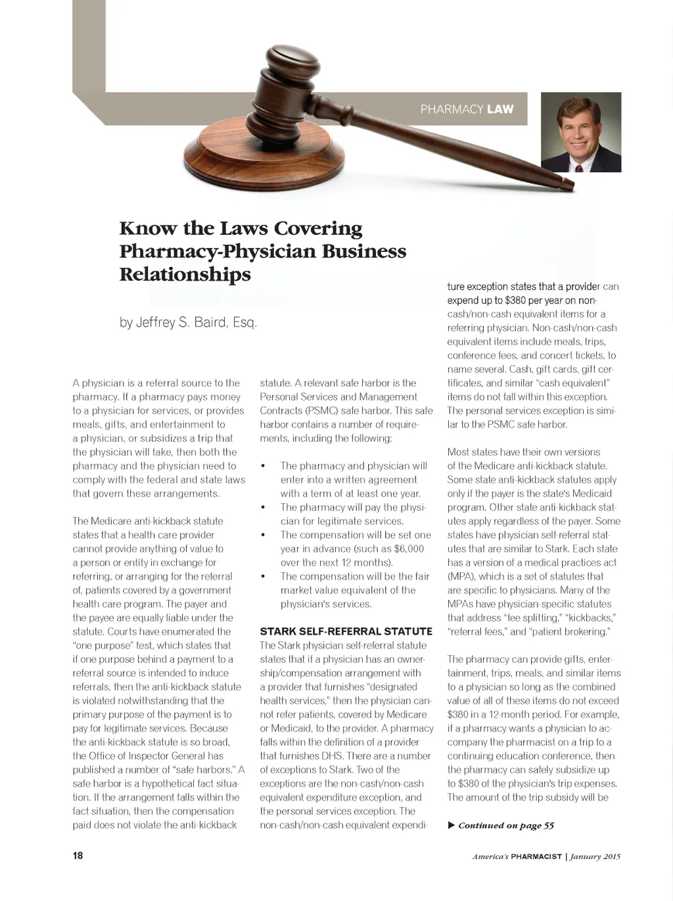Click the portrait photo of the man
[581, 132]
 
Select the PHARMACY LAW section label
[467, 109]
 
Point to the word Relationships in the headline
[185, 274]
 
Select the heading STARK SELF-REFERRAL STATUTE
[346, 631]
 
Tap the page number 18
[78, 856]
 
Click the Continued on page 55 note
[505, 825]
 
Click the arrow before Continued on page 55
[451, 825]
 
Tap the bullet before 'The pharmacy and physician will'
[263, 466]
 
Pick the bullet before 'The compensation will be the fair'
[263, 577]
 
